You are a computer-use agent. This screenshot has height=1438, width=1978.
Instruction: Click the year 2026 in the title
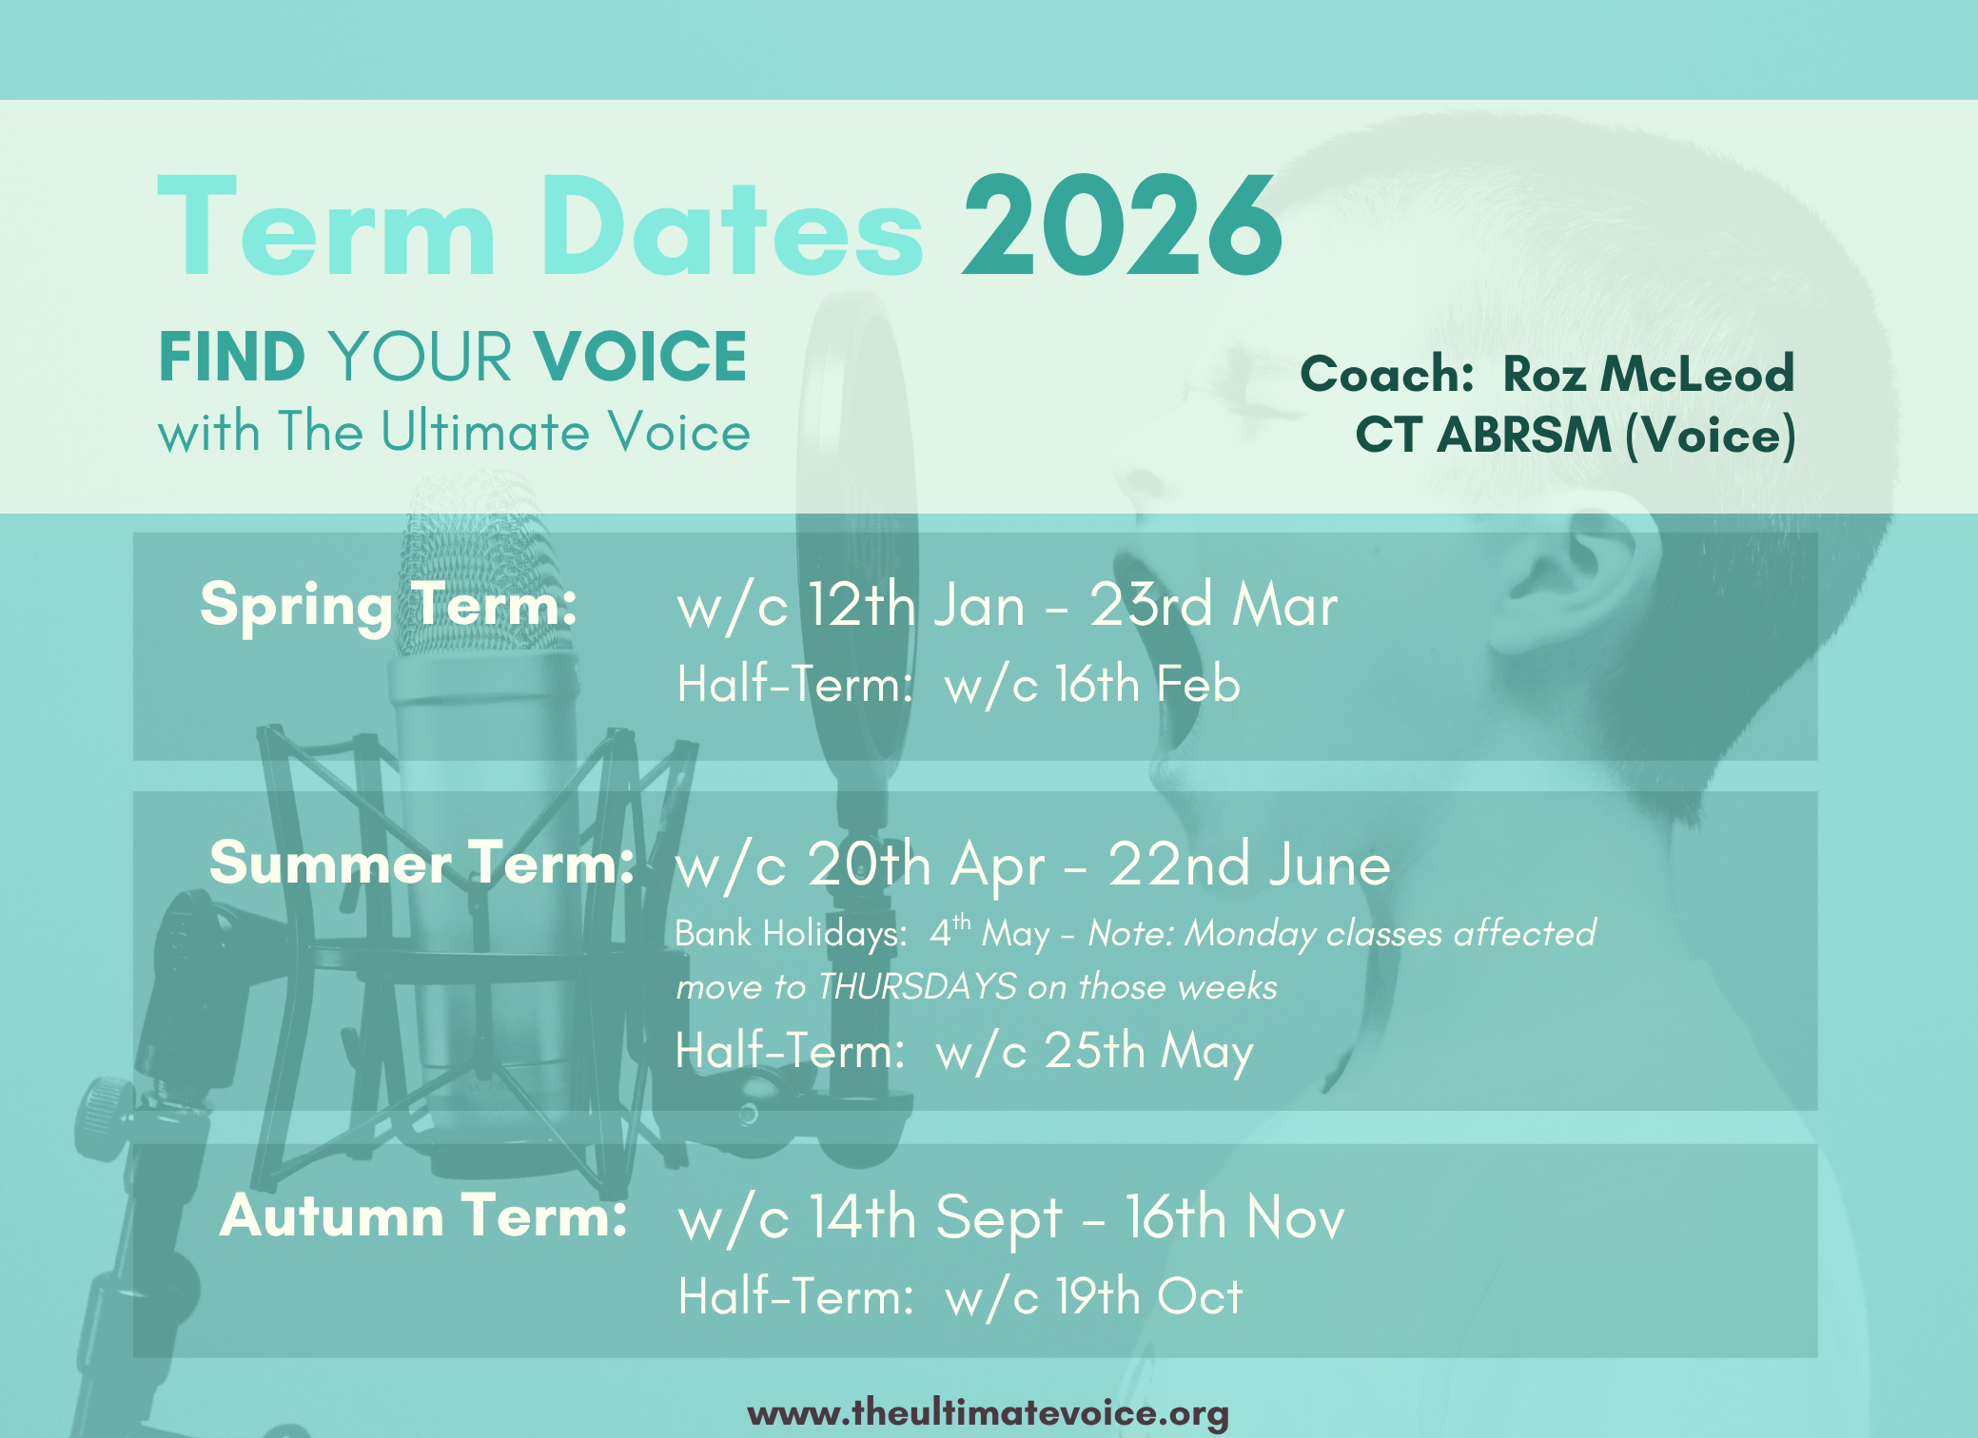pyautogui.click(x=1123, y=226)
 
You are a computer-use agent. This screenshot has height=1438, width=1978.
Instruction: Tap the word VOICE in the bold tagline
pyautogui.click(x=640, y=357)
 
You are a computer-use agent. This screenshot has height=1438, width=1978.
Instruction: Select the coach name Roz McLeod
pyautogui.click(x=1648, y=373)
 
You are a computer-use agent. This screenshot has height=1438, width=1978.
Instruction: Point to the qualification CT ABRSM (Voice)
pyautogui.click(x=1576, y=436)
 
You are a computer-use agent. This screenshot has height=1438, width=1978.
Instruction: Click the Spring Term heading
pyautogui.click(x=388, y=605)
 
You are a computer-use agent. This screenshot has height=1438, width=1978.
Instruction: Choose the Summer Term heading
pyautogui.click(x=421, y=863)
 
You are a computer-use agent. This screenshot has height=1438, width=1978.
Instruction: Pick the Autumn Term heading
pyautogui.click(x=423, y=1215)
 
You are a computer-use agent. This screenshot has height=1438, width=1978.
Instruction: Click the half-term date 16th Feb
pyautogui.click(x=1147, y=684)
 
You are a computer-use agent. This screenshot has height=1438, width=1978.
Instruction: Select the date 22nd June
pyautogui.click(x=1249, y=865)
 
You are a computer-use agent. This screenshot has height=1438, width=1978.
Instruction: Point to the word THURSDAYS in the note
pyautogui.click(x=917, y=987)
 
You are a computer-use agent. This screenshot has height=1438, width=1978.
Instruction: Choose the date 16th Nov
pyautogui.click(x=1235, y=1217)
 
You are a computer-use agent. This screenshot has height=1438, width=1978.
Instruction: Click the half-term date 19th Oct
pyautogui.click(x=1149, y=1296)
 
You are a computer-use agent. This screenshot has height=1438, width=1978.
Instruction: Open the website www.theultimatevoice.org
pyautogui.click(x=989, y=1413)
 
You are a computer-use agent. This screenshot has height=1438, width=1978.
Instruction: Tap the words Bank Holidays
pyautogui.click(x=791, y=934)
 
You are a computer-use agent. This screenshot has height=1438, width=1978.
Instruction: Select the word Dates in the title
pyautogui.click(x=732, y=226)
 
